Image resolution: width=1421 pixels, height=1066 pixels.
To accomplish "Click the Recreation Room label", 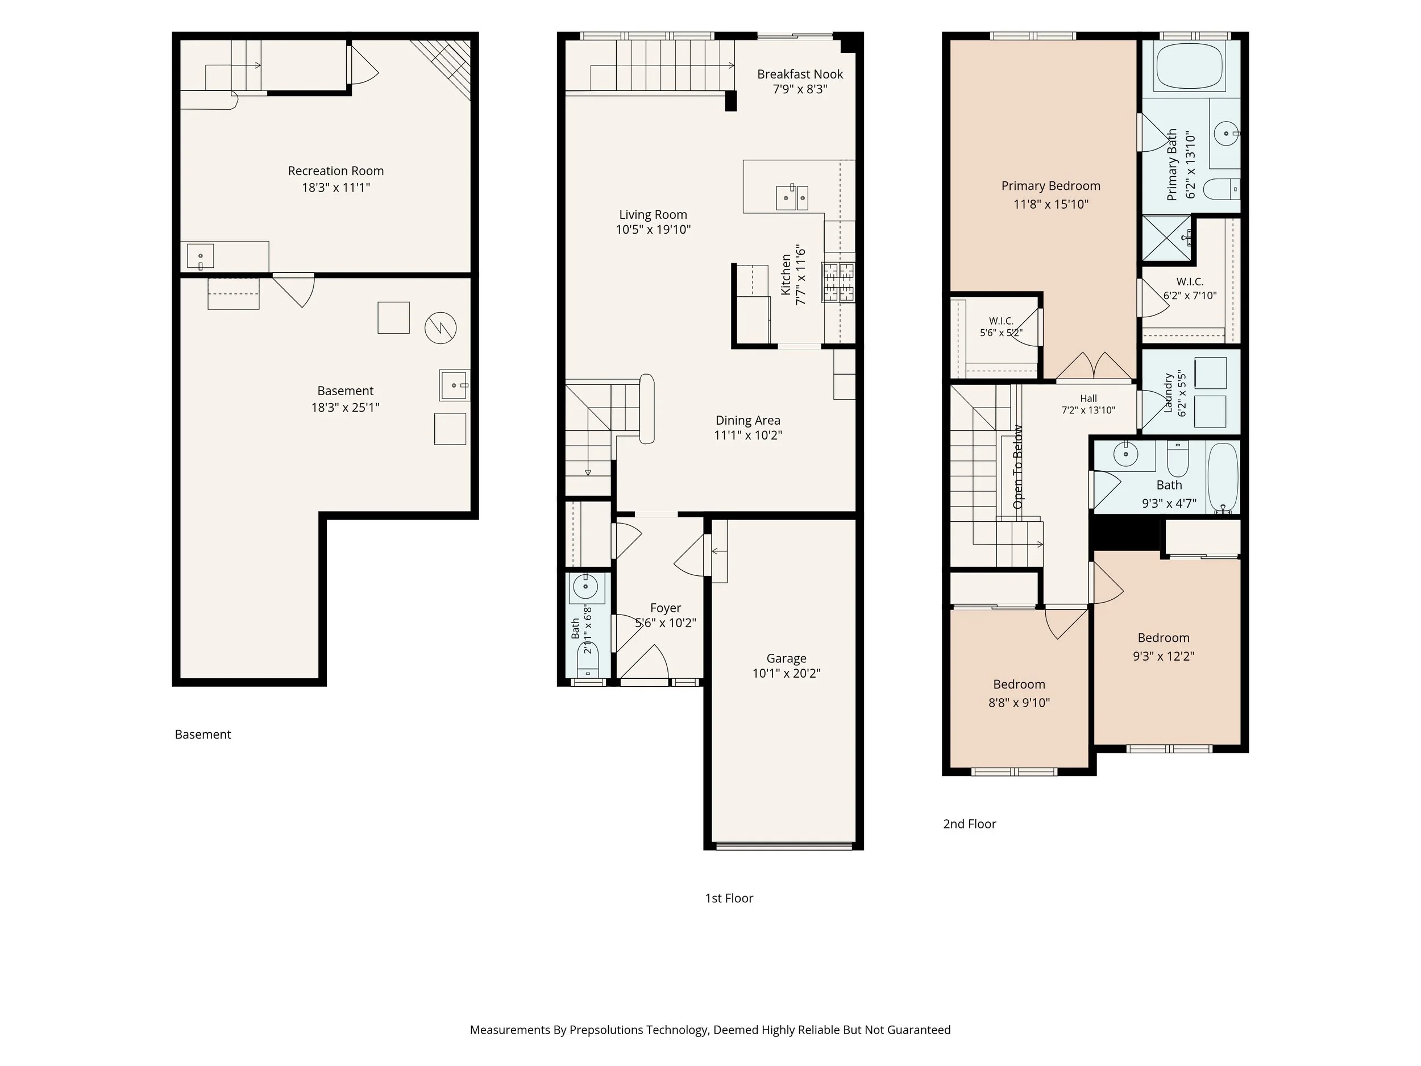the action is [x=335, y=171].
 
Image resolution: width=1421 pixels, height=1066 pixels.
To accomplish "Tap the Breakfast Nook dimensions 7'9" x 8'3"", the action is [x=800, y=89].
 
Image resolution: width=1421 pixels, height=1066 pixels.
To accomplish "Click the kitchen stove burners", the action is [x=838, y=282].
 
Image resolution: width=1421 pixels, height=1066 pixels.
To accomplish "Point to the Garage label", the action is [x=786, y=658].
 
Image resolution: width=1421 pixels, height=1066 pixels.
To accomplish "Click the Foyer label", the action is [x=666, y=608].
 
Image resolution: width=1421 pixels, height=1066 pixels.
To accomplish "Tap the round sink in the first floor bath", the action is [x=586, y=586].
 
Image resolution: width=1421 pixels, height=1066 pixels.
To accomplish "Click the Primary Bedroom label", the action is [x=1051, y=186].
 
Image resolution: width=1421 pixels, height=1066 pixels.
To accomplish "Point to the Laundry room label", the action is [x=1169, y=393].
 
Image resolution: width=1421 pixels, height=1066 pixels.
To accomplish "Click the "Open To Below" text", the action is [x=1017, y=467].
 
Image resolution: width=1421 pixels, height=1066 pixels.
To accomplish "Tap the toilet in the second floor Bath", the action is [x=1178, y=458].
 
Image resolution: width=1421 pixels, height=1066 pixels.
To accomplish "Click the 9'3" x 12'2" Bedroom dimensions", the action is [x=1164, y=656].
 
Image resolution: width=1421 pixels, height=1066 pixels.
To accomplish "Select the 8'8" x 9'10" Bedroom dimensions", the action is [x=1019, y=703].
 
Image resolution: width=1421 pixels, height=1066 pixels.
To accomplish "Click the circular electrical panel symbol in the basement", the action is [x=441, y=327].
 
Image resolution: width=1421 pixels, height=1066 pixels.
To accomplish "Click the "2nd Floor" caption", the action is [x=969, y=824].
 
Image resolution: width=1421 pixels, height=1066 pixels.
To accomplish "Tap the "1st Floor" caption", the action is [x=729, y=898].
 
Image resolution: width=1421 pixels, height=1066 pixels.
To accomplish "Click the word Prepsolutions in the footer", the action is [x=606, y=1030].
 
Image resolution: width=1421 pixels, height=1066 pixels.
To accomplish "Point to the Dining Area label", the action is [x=748, y=420].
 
